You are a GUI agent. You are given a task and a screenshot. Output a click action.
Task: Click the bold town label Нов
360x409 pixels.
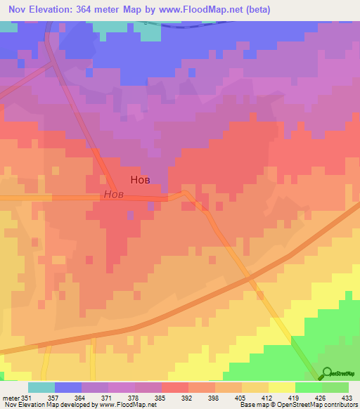click(139, 179)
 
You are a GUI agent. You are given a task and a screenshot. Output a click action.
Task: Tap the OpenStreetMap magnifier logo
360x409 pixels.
click(326, 373)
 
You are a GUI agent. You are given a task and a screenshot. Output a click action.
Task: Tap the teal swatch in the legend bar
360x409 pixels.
click(41, 387)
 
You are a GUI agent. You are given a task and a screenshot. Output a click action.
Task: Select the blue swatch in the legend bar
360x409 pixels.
click(68, 387)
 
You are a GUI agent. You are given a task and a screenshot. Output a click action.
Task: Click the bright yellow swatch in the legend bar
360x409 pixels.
click(282, 387)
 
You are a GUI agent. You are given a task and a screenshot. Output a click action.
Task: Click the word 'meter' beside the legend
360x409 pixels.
click(10, 397)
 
